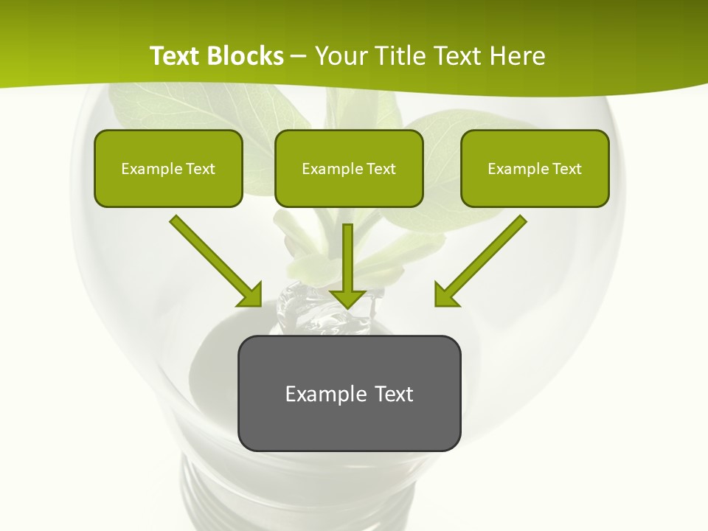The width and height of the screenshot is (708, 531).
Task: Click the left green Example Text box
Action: coord(168,168)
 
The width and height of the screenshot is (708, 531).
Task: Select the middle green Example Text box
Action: coord(349,168)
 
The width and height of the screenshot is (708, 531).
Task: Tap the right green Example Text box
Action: coord(535,168)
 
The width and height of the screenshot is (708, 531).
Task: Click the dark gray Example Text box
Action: coord(349,393)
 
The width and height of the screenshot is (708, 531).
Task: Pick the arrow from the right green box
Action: coord(483,259)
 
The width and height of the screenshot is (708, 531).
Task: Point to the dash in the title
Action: coord(299,56)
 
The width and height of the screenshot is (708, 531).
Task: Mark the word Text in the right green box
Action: coord(566,169)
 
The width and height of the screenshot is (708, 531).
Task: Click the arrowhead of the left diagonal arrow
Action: coord(251,295)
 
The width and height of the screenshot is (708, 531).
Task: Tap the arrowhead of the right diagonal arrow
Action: coord(445,295)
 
